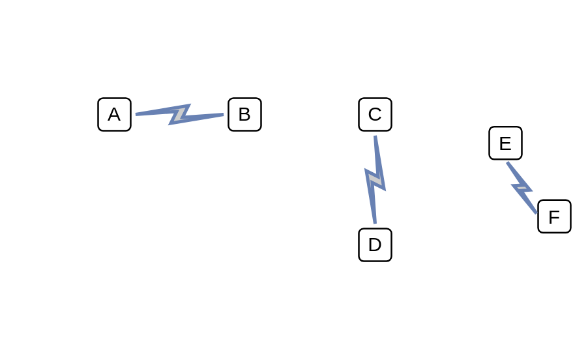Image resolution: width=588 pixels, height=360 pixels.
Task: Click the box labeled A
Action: (x=114, y=114)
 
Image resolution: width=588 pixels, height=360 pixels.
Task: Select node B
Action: (x=245, y=114)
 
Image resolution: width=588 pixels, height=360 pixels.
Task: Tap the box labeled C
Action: (x=375, y=114)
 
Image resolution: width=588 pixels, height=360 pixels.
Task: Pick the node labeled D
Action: (x=375, y=245)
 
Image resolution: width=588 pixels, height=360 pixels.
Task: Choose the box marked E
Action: (x=505, y=143)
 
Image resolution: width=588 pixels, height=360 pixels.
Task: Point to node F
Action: (x=554, y=217)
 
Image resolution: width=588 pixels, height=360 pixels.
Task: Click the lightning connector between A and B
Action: (x=180, y=114)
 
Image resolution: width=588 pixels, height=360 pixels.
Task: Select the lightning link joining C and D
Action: (x=375, y=179)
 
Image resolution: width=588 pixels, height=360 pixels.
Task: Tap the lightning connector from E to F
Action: (x=522, y=188)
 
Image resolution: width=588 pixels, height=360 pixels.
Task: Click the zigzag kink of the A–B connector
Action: (x=180, y=114)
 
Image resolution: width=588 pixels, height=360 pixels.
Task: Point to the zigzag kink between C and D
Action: (x=375, y=179)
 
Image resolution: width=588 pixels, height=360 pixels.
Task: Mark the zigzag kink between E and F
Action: (x=522, y=188)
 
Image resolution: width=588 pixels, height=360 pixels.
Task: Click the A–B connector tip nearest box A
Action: (x=136, y=114)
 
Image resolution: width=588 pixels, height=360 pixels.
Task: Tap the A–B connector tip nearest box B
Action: (x=224, y=114)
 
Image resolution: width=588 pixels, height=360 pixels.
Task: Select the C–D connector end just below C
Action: (x=375, y=136)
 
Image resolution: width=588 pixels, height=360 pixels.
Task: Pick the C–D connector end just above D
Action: (x=375, y=224)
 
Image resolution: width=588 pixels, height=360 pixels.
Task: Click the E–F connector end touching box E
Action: (x=507, y=162)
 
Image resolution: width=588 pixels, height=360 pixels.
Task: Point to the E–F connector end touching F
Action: (x=537, y=213)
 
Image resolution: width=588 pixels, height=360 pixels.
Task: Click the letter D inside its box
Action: (x=375, y=245)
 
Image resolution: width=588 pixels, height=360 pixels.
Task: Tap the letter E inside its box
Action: (x=505, y=143)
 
